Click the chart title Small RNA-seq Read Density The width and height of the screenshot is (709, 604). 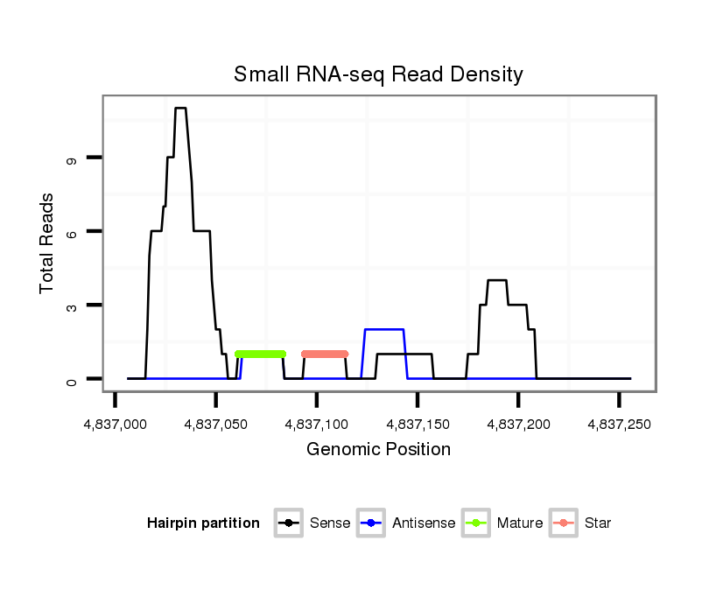[378, 74]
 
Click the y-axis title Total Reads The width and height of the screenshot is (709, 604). [47, 242]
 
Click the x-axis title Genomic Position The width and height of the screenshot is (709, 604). [378, 450]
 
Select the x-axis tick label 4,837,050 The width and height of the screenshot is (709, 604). [216, 425]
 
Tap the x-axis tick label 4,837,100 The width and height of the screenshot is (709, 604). [317, 425]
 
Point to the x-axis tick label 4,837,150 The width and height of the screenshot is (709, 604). [418, 425]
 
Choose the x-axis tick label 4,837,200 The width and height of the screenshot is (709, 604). [518, 425]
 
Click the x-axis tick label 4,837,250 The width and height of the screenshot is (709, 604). [619, 425]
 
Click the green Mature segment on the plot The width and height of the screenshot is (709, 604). [261, 354]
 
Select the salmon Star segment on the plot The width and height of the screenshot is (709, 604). [325, 354]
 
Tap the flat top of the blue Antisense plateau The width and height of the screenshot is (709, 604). [384, 329]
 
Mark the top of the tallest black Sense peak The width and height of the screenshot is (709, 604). [180, 109]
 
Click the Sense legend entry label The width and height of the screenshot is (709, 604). [330, 523]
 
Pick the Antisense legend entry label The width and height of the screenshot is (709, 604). [424, 523]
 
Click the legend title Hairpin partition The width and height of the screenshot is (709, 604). [203, 523]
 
